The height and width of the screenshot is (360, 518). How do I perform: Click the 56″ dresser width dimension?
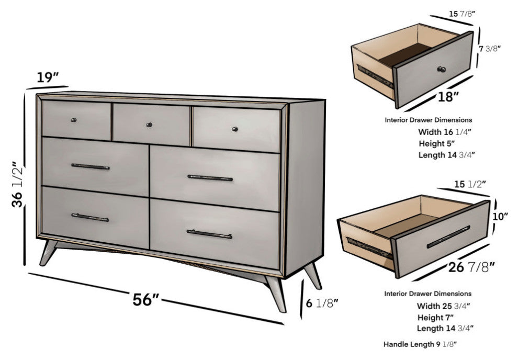coord(146,300)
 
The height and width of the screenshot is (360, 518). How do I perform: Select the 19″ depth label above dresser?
coord(47,78)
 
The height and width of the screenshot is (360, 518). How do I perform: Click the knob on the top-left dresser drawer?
coord(73,121)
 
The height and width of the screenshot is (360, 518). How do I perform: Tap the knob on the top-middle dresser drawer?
coord(149,125)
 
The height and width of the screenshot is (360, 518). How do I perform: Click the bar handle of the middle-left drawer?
coord(90,166)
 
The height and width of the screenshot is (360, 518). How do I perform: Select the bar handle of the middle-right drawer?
coord(210,178)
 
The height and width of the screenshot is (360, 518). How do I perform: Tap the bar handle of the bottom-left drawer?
coord(90,217)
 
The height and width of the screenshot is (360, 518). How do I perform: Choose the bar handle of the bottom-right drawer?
coord(209,234)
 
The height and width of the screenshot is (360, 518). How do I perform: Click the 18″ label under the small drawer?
coord(448,96)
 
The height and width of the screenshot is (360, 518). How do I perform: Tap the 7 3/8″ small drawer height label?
coord(490,49)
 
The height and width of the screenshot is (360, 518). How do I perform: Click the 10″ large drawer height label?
coord(500,216)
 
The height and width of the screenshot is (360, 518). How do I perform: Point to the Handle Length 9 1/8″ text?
coord(420,344)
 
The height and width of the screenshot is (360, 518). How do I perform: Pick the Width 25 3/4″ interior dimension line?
coord(443,306)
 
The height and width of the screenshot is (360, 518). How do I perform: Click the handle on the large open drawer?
coord(448,237)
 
